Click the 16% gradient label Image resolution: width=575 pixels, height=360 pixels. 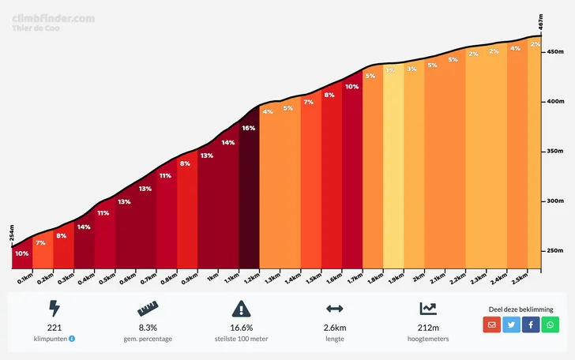249,128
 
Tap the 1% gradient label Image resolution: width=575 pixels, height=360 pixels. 390,70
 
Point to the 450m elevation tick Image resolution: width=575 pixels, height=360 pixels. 554,52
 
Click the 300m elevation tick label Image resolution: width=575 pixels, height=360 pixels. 554,201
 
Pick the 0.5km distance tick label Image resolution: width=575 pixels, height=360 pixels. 105,279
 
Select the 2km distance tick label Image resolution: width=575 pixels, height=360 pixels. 419,278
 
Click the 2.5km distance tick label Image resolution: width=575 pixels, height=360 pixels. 519,279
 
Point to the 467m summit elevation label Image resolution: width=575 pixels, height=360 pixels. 541,22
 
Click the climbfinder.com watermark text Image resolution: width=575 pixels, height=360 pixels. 54,17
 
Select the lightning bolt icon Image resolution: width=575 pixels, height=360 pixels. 54,309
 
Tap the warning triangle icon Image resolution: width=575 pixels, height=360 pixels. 241,309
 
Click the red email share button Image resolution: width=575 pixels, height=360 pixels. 492,324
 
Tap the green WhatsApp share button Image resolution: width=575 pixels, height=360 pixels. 551,324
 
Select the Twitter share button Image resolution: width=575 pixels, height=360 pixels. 512,324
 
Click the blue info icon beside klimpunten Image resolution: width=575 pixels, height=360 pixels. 72,339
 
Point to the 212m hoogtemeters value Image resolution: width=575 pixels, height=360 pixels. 428,327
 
